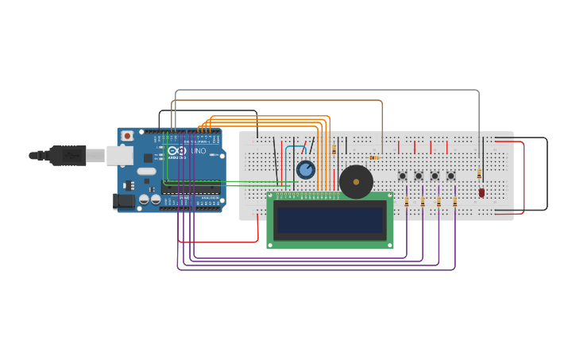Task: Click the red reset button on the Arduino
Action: coord(127,136)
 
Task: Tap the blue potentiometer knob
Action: coord(306,169)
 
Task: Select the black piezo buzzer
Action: coord(356,182)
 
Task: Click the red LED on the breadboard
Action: coord(481,192)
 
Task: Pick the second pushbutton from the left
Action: coord(419,176)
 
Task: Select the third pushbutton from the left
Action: coord(435,176)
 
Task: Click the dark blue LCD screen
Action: coord(330,220)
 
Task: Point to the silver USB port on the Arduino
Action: coord(120,155)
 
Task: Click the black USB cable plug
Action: coord(68,155)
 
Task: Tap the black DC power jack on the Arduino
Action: coord(124,201)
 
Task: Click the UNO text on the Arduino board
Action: coord(198,151)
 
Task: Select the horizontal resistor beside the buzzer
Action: coord(373,157)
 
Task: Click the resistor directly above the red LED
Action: coord(479,173)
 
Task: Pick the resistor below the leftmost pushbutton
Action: coord(407,202)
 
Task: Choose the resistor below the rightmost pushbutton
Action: coord(454,202)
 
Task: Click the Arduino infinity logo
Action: coord(177,150)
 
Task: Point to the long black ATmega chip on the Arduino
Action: coord(191,188)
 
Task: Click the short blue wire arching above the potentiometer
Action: coord(295,148)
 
